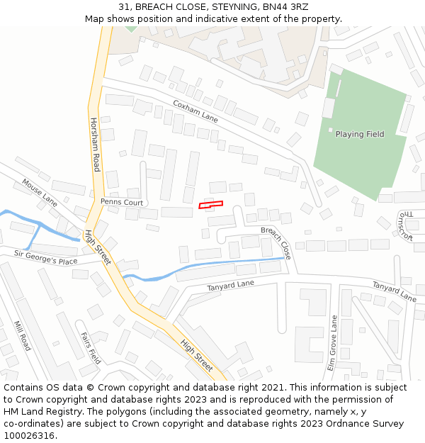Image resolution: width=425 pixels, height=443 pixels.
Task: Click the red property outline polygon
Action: [210, 205]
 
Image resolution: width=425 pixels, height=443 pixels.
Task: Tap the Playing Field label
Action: [359, 134]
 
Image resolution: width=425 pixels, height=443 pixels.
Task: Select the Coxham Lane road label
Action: [195, 111]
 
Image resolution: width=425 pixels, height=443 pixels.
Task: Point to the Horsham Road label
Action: [94, 145]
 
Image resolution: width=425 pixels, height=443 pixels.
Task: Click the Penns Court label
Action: [121, 202]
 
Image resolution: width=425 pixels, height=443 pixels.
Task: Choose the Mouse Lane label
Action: [39, 192]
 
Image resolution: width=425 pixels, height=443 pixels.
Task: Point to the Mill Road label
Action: [22, 336]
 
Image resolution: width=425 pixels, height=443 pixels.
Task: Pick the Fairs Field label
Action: [90, 348]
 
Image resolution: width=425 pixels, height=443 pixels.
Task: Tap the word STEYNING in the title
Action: [222, 6]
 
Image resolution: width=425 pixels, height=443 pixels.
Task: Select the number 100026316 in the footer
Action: [29, 436]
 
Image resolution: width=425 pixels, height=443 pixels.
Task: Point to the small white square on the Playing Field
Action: [330, 129]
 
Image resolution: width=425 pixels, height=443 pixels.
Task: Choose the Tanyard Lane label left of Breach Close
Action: [230, 285]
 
